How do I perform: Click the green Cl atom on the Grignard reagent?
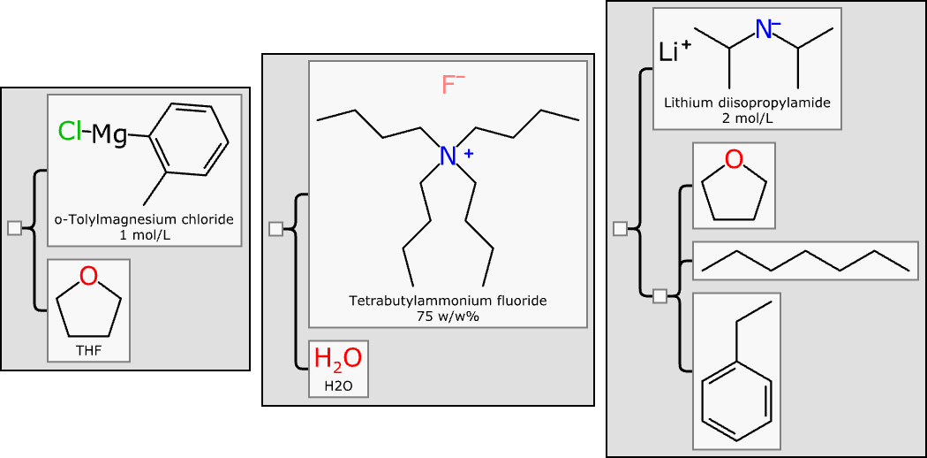(x=69, y=133)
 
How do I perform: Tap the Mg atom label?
(x=109, y=134)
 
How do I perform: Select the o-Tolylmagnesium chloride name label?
(x=144, y=219)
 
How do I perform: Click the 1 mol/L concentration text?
(x=144, y=234)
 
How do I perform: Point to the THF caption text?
(x=88, y=350)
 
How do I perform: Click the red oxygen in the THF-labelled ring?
(x=88, y=277)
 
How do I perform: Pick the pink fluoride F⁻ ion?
(x=452, y=86)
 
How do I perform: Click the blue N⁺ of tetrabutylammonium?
(x=449, y=156)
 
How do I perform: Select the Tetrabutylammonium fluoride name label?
(x=448, y=301)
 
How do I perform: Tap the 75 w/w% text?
(x=448, y=315)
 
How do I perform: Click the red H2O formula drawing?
(x=337, y=359)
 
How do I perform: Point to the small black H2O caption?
(x=337, y=385)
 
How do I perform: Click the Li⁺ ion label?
(x=675, y=51)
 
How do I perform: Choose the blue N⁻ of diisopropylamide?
(x=764, y=29)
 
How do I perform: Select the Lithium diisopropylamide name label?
(x=747, y=103)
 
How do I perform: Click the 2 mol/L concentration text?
(x=747, y=118)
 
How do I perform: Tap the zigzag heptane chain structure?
(x=803, y=261)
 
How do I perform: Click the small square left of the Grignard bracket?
(x=13, y=228)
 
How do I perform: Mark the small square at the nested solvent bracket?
(x=659, y=296)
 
